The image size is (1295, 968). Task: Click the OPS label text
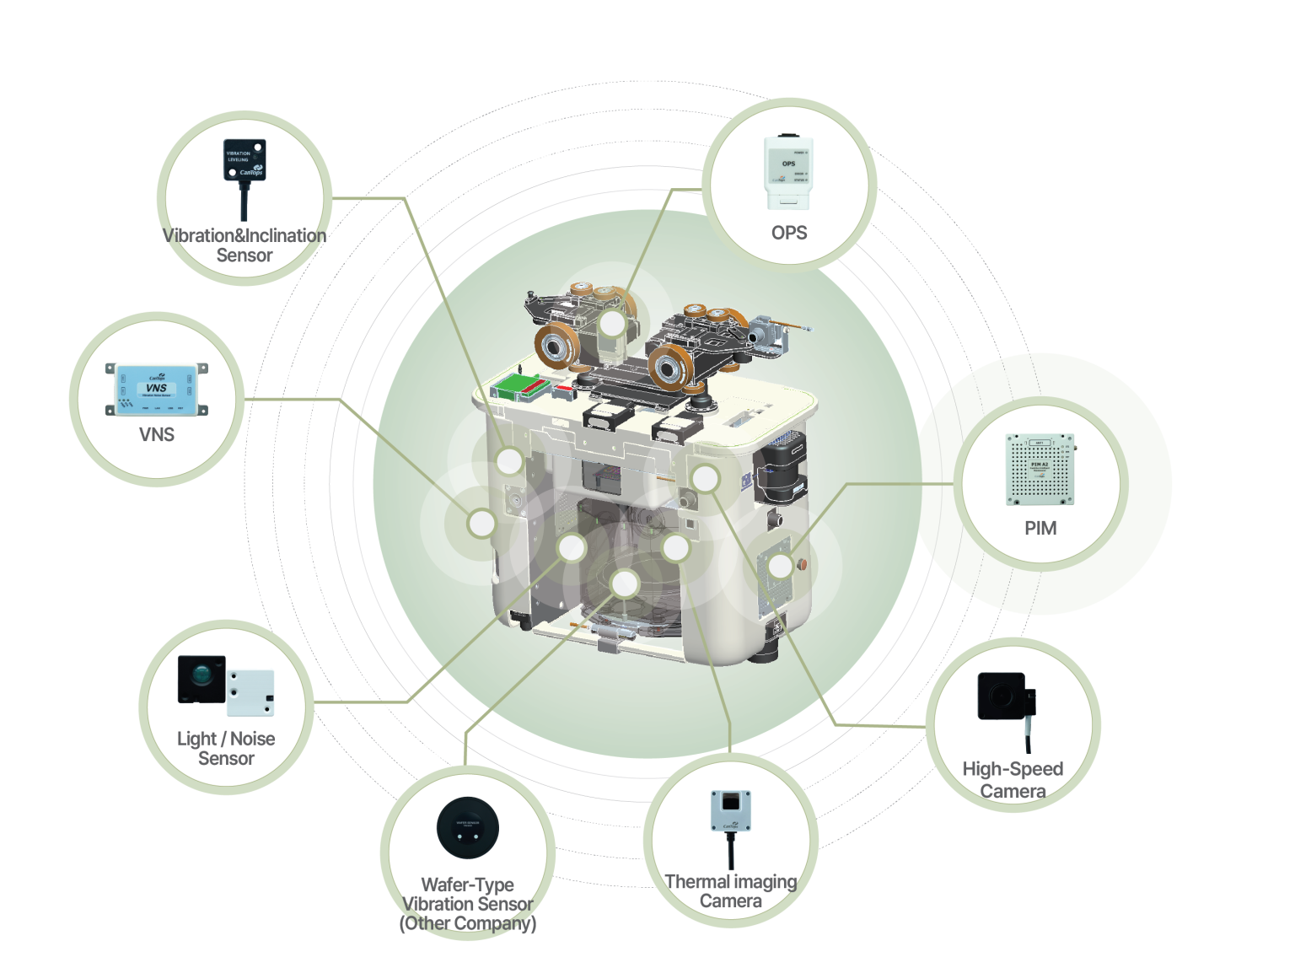[788, 233]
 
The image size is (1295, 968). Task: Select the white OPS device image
[787, 171]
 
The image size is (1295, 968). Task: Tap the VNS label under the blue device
[157, 435]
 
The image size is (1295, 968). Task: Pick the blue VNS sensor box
[157, 390]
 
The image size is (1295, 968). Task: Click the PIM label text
[1040, 529]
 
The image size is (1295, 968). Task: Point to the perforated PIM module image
[1040, 470]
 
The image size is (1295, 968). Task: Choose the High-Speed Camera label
[1013, 780]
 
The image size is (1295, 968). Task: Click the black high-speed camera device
[1002, 696]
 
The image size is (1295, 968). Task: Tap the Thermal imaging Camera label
[730, 891]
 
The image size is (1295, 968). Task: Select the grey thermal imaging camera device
[730, 811]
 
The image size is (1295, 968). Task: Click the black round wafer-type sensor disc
[468, 827]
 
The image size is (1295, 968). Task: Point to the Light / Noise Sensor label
[226, 749]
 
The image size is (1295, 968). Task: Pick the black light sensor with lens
[202, 679]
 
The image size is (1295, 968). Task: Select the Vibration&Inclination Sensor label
[244, 245]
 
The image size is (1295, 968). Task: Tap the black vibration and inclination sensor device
[244, 160]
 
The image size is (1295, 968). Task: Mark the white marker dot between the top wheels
[613, 323]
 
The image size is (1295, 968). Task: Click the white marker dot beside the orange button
[781, 566]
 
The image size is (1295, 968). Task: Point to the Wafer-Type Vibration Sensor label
[468, 904]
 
